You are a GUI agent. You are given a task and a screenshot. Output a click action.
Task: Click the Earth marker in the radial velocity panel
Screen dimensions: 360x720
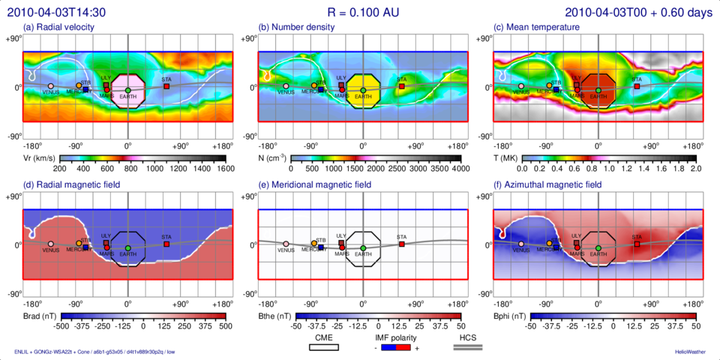tap(127, 90)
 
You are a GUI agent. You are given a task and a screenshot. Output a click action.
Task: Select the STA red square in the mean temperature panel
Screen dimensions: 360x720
tap(637, 86)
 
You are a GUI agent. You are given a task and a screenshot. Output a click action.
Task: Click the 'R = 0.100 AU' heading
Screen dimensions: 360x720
tap(360, 10)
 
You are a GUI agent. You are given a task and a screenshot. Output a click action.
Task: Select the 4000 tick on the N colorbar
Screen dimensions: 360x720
tap(460, 170)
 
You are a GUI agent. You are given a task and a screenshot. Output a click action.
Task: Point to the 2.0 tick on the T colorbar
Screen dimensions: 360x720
tap(695, 170)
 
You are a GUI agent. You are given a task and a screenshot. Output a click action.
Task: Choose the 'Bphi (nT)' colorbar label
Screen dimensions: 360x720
tap(510, 317)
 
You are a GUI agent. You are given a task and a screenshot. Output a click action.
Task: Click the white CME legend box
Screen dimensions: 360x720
tap(323, 348)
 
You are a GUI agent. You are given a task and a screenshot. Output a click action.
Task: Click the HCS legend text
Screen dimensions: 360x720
tap(469, 337)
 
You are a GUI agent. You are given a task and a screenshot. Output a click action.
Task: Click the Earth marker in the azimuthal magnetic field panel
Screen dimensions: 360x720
tap(598, 247)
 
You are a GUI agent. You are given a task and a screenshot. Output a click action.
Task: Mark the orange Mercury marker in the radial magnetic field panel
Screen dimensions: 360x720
tap(79, 243)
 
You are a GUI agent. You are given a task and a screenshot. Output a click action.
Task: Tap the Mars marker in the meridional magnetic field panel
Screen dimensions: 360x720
tap(342, 247)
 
